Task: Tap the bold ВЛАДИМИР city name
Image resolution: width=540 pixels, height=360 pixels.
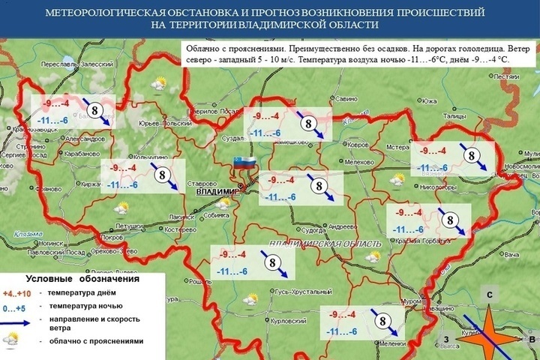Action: tap(216, 191)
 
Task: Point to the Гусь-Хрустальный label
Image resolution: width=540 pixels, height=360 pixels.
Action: tap(297, 291)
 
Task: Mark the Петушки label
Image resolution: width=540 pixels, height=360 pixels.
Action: tap(130, 224)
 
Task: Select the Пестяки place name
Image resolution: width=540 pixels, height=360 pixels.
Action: tap(507, 76)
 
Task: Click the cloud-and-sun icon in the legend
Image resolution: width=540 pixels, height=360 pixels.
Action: tap(11, 340)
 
